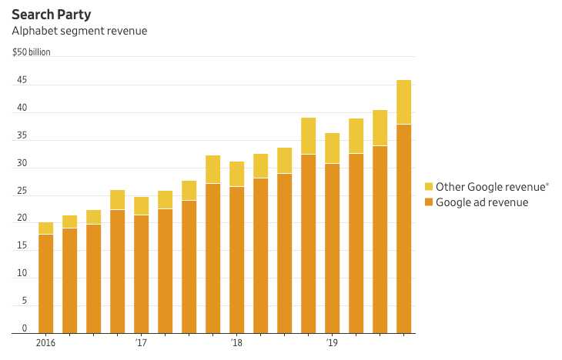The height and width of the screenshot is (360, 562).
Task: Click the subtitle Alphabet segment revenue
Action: tap(79, 31)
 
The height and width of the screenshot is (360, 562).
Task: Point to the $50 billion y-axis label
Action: tap(32, 53)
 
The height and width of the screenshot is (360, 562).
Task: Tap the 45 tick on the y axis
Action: tap(22, 81)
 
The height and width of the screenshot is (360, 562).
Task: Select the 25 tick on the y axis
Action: tap(22, 191)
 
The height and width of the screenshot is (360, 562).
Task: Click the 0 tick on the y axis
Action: tap(25, 328)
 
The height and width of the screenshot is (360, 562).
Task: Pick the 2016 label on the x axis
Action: tap(46, 342)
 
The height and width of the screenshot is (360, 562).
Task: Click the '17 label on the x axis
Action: tap(141, 342)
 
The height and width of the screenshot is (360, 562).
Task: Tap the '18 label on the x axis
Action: tap(236, 342)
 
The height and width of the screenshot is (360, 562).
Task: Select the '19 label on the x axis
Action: tap(332, 342)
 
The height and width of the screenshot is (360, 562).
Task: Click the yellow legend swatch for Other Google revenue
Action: tap(429, 187)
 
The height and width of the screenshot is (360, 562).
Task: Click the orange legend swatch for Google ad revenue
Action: tap(429, 203)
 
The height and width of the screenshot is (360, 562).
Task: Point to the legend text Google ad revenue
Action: tap(482, 203)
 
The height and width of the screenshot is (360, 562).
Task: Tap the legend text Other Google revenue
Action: tap(481, 187)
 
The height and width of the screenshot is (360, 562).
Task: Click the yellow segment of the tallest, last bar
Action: tap(403, 102)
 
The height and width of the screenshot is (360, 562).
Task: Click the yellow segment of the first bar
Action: tap(46, 228)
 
